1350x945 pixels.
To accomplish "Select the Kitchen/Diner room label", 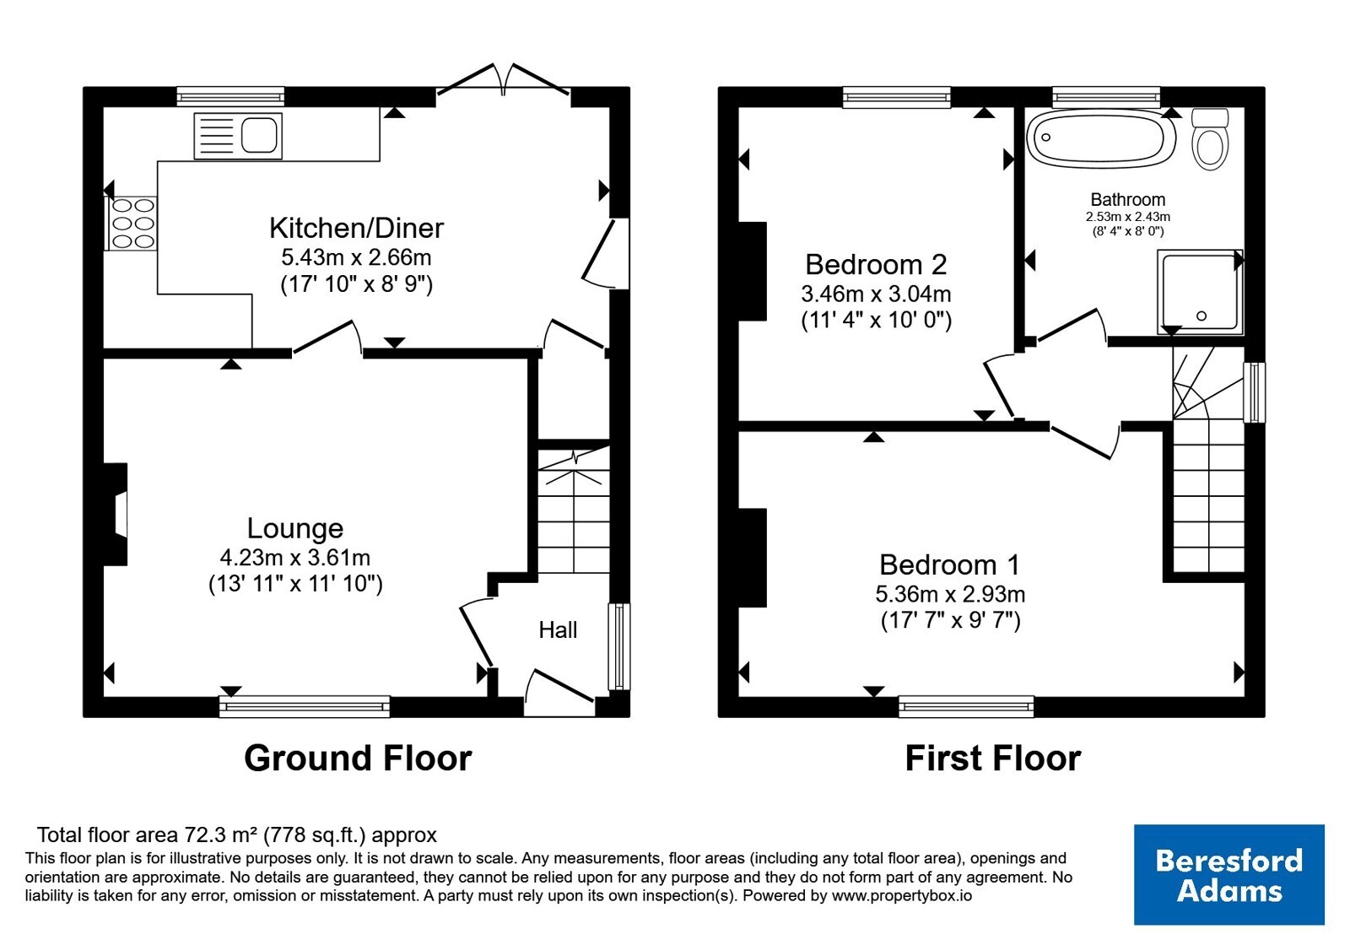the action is pyautogui.click(x=356, y=228).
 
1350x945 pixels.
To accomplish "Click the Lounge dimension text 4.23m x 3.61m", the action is pyautogui.click(x=294, y=558).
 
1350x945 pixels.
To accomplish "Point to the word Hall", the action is pyautogui.click(x=558, y=629).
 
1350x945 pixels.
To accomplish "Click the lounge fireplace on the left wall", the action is pyautogui.click(x=116, y=514).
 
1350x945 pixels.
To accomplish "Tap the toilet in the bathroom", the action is pyautogui.click(x=1210, y=139).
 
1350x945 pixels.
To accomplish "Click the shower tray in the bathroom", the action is pyautogui.click(x=1199, y=292).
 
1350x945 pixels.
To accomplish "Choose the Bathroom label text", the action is pyautogui.click(x=1127, y=199).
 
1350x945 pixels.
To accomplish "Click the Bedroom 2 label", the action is pyautogui.click(x=876, y=265).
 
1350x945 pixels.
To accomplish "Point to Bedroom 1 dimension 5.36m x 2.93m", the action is pyautogui.click(x=950, y=594).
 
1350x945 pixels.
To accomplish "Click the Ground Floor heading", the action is pyautogui.click(x=358, y=758).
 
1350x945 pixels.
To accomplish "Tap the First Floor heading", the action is pyautogui.click(x=992, y=758).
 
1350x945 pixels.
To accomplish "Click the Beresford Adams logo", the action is pyautogui.click(x=1228, y=874).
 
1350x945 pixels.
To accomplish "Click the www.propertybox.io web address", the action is pyautogui.click(x=902, y=895).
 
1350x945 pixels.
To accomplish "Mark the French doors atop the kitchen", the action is pyautogui.click(x=503, y=79).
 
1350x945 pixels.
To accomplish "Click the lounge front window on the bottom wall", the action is pyautogui.click(x=305, y=706).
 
